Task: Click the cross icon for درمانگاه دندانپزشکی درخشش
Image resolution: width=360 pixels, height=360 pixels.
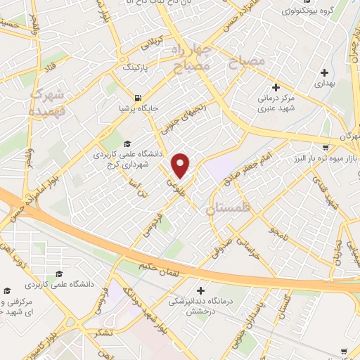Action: click(x=201, y=290)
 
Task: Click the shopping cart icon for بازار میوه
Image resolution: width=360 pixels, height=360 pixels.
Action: click(x=326, y=148)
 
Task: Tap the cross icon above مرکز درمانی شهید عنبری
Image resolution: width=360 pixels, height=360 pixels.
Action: click(x=276, y=88)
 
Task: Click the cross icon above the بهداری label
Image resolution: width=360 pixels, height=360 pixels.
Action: click(x=324, y=72)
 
